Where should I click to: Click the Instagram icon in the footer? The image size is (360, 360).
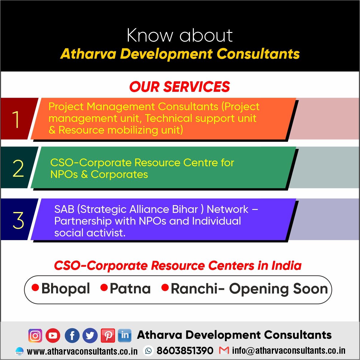click(x=35, y=335)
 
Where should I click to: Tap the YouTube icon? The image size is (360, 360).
click(x=53, y=335)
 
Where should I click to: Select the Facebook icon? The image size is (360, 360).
click(x=72, y=335)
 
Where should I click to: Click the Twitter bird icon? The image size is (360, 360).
click(x=90, y=335)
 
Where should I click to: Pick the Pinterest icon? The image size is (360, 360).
click(x=108, y=335)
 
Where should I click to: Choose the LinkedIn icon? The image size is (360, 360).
click(x=125, y=335)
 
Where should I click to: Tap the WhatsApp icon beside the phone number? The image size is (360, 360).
click(x=148, y=351)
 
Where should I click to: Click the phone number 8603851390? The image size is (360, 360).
click(x=185, y=351)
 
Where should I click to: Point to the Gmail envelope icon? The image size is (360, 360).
click(x=224, y=350)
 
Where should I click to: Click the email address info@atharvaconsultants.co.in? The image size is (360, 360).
click(x=289, y=351)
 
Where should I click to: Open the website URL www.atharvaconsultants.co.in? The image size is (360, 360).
click(x=82, y=351)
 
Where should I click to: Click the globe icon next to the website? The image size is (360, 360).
click(x=19, y=351)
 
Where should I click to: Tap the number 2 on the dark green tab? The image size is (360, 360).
click(x=18, y=169)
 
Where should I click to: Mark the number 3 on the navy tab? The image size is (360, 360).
click(x=18, y=220)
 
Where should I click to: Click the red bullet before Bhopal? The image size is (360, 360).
click(x=35, y=288)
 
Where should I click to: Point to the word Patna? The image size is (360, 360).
click(x=130, y=289)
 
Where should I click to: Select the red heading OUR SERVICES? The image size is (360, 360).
click(x=180, y=87)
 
